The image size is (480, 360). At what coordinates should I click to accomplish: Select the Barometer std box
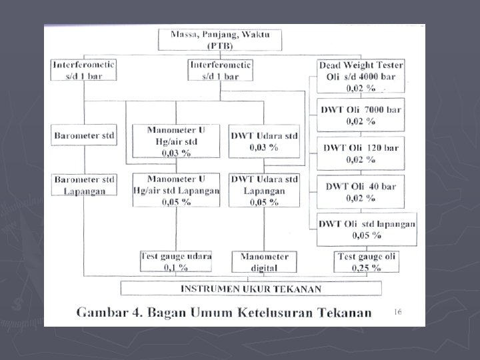pyautogui.click(x=84, y=135)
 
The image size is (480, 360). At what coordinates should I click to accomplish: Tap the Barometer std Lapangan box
pyautogui.click(x=84, y=185)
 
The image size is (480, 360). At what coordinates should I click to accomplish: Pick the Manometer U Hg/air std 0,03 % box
pyautogui.click(x=175, y=141)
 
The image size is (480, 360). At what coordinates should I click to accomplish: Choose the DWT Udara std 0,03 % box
pyautogui.click(x=264, y=141)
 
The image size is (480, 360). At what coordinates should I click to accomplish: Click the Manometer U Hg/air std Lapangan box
pyautogui.click(x=175, y=189)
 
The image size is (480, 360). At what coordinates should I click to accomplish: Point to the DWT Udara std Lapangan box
pyautogui.click(x=264, y=189)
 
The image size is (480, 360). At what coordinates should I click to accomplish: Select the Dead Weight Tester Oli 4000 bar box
pyautogui.click(x=361, y=76)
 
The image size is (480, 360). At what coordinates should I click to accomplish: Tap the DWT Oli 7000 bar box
pyautogui.click(x=359, y=115)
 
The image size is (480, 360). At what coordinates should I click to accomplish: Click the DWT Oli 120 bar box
pyautogui.click(x=359, y=153)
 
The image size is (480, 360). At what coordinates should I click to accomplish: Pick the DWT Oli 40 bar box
pyautogui.click(x=359, y=191)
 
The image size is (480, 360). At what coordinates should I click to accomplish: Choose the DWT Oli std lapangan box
pyautogui.click(x=366, y=229)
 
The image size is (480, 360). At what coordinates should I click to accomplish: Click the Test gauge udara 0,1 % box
pyautogui.click(x=175, y=261)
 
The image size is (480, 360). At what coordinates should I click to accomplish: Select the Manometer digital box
pyautogui.click(x=264, y=261)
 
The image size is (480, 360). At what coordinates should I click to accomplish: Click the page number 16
pyautogui.click(x=398, y=311)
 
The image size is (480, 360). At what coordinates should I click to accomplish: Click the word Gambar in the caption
pyautogui.click(x=104, y=313)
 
